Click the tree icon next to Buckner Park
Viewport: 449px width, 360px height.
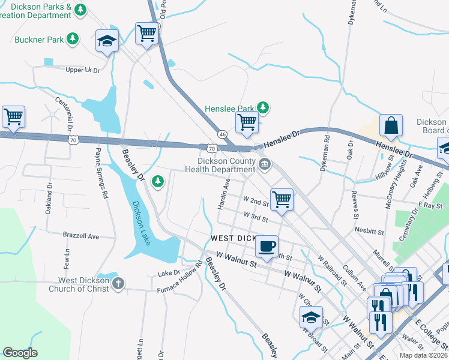click(72, 39)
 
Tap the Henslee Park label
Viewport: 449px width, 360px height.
click(229, 109)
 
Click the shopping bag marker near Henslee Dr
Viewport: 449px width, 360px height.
click(391, 125)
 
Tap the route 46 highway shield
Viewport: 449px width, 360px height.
click(222, 134)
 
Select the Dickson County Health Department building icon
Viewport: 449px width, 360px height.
click(264, 164)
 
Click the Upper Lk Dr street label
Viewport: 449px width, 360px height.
click(82, 70)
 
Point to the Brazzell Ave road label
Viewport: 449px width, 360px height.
click(81, 236)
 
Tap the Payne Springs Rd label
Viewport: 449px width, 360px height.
click(100, 174)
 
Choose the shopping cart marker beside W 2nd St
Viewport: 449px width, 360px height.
click(281, 199)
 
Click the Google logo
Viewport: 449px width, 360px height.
click(20, 353)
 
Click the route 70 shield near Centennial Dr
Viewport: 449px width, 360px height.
click(73, 140)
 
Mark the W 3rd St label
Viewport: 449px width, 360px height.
click(256, 215)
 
